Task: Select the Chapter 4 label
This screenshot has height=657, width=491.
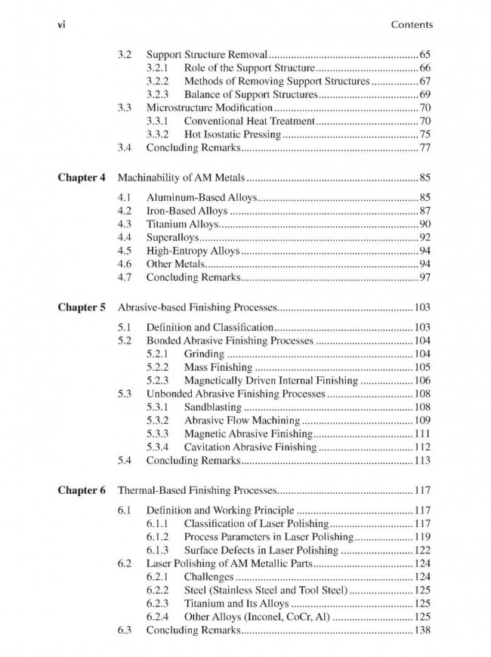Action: (x=81, y=178)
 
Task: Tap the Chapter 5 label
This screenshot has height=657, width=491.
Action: (x=81, y=308)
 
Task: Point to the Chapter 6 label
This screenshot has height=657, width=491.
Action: (x=81, y=469)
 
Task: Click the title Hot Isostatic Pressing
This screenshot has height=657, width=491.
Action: (x=233, y=134)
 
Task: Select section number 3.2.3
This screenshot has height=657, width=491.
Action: (x=159, y=95)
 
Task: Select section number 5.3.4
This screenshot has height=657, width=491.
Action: (x=159, y=446)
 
